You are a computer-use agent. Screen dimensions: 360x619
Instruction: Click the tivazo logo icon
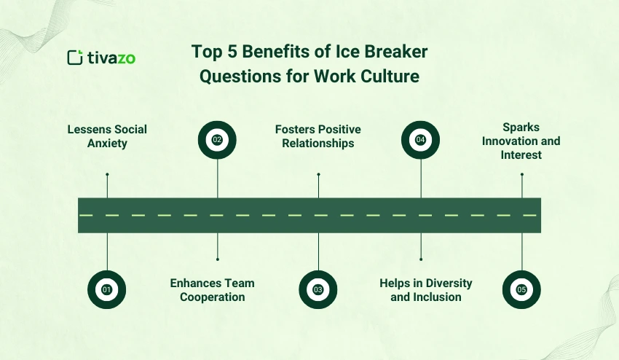tap(74, 58)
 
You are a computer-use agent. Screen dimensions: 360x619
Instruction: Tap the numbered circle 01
tap(107, 289)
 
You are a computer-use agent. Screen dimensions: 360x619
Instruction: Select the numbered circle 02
tap(217, 139)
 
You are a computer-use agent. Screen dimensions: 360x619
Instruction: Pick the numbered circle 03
tap(318, 289)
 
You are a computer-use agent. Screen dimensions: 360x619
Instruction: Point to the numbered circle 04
tap(421, 139)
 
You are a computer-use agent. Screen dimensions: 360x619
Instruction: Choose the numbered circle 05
tap(521, 289)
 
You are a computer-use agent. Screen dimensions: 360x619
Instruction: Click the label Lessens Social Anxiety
tap(107, 136)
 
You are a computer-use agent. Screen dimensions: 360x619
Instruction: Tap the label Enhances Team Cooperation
tap(212, 289)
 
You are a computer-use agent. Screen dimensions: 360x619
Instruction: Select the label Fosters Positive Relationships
tap(318, 136)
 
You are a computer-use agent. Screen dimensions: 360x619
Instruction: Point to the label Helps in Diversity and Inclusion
tap(426, 289)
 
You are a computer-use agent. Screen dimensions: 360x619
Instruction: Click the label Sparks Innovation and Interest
tap(521, 141)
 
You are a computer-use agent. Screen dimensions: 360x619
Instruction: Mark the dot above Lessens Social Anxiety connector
tap(107, 174)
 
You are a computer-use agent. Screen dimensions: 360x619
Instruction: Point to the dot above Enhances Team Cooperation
tap(217, 259)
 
